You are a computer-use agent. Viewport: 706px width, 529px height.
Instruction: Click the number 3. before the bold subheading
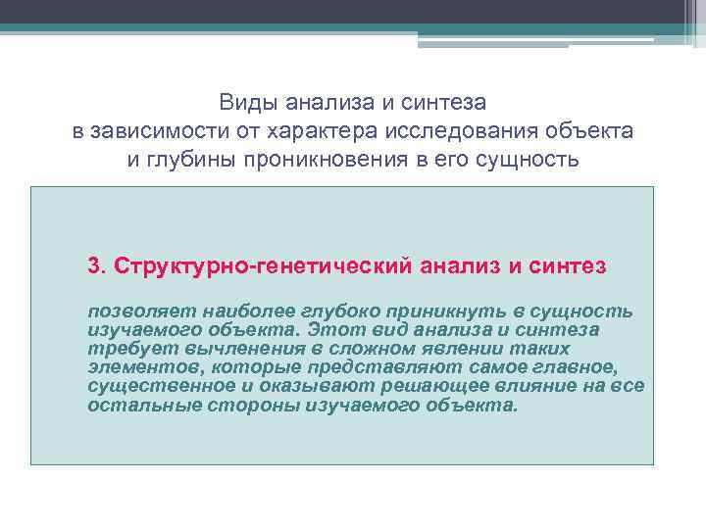click(x=96, y=266)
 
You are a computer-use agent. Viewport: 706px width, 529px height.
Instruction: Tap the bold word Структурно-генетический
click(x=260, y=266)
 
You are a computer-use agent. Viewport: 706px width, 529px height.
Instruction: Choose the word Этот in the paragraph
click(x=332, y=331)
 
